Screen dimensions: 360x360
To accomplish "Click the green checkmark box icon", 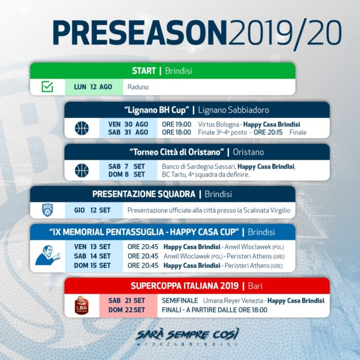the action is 47,87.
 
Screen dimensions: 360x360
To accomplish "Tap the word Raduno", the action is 138,87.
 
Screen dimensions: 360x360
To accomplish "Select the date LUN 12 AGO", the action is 93,87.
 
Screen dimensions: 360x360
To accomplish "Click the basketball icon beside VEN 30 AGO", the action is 82,128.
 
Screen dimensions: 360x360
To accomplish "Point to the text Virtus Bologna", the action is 218,124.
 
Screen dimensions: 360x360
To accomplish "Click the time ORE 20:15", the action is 268,132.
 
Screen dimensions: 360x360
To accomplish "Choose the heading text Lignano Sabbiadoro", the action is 233,110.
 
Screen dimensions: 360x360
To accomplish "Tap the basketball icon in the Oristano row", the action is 82,170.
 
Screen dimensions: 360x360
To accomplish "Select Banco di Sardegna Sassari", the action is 199,166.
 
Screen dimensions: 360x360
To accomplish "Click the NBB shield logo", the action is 47,210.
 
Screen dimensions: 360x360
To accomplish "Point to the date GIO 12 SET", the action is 92,210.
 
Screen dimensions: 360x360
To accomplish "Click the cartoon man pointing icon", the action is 48,255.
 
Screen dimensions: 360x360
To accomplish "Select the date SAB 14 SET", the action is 92,256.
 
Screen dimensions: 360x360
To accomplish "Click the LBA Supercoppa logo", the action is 82,305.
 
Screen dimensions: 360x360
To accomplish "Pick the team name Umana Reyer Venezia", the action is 233,300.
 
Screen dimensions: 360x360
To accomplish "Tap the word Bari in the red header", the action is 255,286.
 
